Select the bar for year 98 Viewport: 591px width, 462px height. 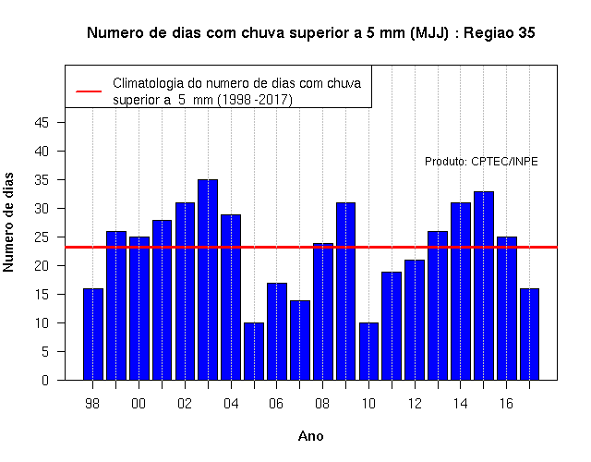[x=92, y=334]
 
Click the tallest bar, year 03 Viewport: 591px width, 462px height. [x=208, y=280]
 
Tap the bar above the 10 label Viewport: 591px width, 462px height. [x=368, y=351]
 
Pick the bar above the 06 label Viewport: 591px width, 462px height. [x=277, y=332]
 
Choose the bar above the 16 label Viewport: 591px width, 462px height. [x=507, y=309]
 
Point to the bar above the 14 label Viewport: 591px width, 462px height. [x=461, y=291]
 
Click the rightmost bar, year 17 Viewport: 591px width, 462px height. [x=529, y=334]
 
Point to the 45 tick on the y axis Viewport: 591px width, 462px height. [x=42, y=123]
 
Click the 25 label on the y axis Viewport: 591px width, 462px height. [x=42, y=237]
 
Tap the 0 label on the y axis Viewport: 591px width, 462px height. [x=45, y=380]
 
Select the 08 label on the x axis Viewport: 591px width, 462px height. [x=322, y=404]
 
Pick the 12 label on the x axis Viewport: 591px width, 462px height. [x=415, y=404]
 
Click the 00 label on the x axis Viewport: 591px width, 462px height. [x=139, y=404]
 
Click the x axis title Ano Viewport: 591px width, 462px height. [x=311, y=436]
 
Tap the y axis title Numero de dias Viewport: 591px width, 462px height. [x=8, y=222]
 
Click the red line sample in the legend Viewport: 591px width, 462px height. [x=89, y=91]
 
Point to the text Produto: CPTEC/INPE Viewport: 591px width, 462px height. [x=481, y=162]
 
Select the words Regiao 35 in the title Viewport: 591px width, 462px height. [x=499, y=33]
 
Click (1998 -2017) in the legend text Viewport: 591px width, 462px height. [x=255, y=100]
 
